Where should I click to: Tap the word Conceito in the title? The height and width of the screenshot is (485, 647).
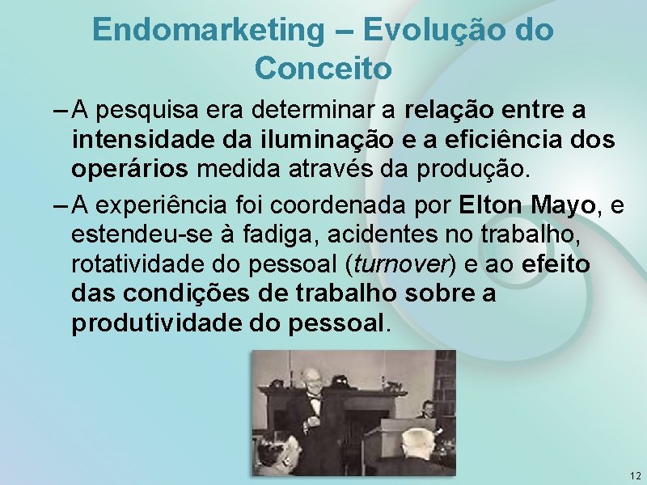[323, 68]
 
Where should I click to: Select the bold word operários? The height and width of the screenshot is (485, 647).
[129, 171]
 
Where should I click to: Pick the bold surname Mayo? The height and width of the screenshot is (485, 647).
[564, 205]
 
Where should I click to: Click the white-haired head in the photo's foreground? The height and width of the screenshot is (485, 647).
[417, 445]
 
